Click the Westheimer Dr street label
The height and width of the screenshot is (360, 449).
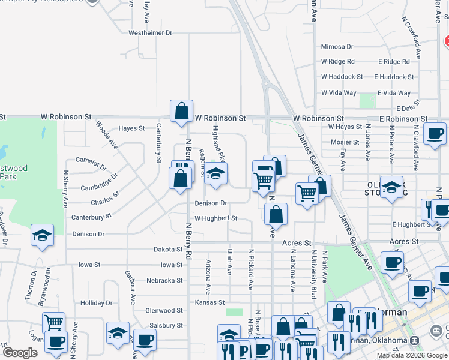click(x=150, y=32)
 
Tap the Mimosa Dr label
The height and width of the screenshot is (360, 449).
click(x=337, y=46)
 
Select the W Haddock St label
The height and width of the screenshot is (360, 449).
click(x=342, y=77)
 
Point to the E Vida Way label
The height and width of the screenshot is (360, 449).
click(x=394, y=93)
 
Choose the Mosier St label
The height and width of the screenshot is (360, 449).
click(x=345, y=142)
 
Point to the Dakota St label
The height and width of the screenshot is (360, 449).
click(x=167, y=249)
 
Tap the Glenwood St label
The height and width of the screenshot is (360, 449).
click(x=164, y=310)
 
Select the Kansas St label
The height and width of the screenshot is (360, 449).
click(x=209, y=302)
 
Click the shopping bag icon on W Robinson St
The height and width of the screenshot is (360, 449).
click(x=181, y=111)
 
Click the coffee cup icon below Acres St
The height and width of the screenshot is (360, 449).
click(x=392, y=262)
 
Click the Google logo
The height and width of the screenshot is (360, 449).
click(x=20, y=353)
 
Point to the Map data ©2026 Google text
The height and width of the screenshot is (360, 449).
click(x=411, y=355)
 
